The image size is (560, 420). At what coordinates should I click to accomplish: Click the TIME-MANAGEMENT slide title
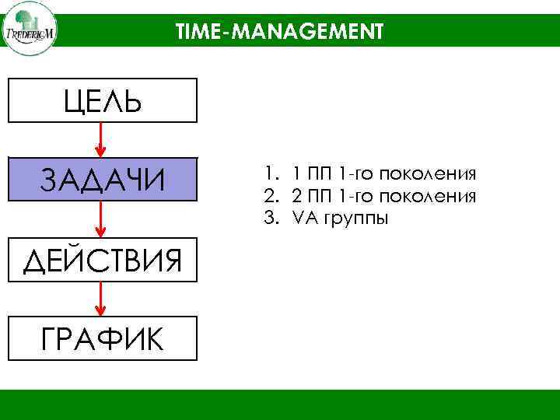[279, 31]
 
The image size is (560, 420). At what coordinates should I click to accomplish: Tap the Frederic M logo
[29, 29]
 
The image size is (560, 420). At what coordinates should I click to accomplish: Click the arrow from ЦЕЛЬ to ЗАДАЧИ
[102, 140]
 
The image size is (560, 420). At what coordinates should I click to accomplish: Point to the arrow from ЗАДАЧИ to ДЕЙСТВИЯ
[102, 219]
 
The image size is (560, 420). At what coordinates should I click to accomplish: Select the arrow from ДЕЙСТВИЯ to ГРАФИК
[102, 299]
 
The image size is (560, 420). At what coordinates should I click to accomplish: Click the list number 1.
[268, 173]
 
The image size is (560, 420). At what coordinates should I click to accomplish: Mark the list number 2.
[269, 196]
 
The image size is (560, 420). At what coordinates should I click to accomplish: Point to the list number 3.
[269, 219]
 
